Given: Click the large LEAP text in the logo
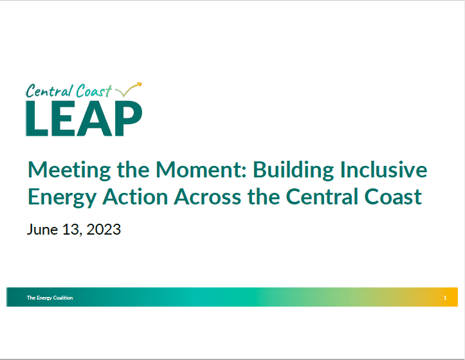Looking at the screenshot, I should click(84, 118).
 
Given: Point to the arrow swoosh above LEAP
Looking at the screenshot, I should click(132, 89).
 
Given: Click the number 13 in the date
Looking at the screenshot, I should click(69, 230).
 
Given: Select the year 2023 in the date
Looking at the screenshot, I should click(102, 230).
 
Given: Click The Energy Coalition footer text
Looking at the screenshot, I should click(50, 298).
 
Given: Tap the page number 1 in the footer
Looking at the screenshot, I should click(445, 298).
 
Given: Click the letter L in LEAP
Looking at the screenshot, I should click(37, 118).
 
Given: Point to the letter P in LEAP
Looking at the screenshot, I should click(127, 118).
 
